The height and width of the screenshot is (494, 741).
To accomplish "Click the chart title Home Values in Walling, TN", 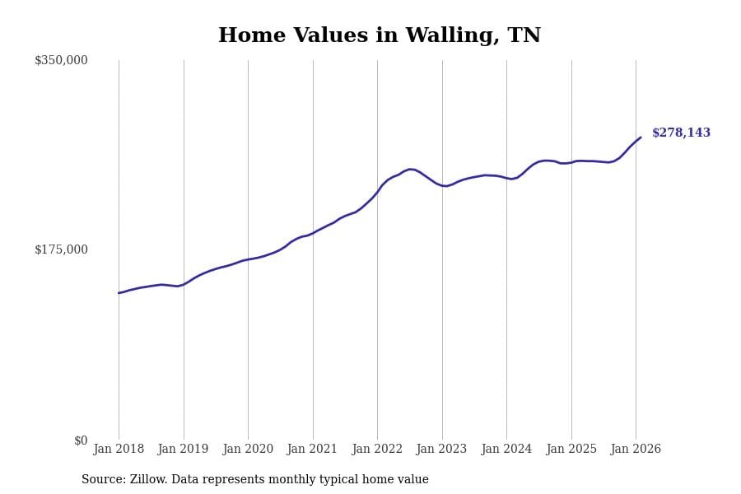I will pyautogui.click(x=380, y=36).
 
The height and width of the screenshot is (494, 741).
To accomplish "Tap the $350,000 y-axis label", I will pyautogui.click(x=61, y=60).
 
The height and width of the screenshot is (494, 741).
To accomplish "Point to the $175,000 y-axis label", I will pyautogui.click(x=61, y=249).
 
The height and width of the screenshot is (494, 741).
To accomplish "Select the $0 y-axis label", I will pyautogui.click(x=81, y=440).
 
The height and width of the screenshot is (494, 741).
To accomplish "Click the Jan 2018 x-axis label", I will pyautogui.click(x=119, y=450).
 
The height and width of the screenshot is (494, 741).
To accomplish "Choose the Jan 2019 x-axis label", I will pyautogui.click(x=183, y=450).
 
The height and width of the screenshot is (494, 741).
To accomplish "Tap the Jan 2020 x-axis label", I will pyautogui.click(x=248, y=450).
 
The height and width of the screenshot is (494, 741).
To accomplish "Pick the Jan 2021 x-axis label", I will pyautogui.click(x=312, y=450).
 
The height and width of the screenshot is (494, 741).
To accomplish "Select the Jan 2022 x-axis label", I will pyautogui.click(x=377, y=450).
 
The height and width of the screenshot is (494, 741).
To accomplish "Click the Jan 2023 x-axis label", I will pyautogui.click(x=441, y=450).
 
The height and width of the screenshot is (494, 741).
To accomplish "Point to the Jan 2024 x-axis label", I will pyautogui.click(x=506, y=450).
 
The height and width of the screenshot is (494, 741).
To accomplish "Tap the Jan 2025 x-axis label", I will pyautogui.click(x=571, y=450).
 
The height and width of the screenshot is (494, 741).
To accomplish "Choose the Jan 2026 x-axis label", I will pyautogui.click(x=636, y=450).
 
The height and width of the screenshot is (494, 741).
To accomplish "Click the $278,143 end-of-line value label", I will pyautogui.click(x=681, y=133).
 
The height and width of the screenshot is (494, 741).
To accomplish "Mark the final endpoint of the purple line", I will pyautogui.click(x=641, y=137).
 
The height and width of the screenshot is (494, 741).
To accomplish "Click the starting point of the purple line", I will pyautogui.click(x=119, y=293).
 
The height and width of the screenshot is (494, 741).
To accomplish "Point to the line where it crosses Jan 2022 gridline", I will pyautogui.click(x=377, y=192).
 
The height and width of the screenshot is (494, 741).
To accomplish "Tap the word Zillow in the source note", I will pyautogui.click(x=150, y=480).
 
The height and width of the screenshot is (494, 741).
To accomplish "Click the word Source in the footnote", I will pyautogui.click(x=103, y=480).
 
